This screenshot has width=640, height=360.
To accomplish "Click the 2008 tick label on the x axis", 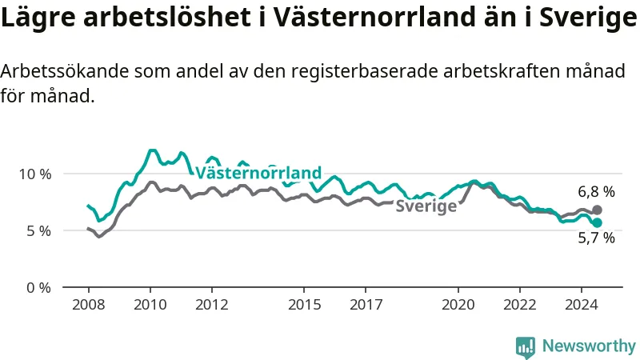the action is pyautogui.click(x=89, y=305).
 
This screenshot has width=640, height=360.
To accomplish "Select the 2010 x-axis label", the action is pyautogui.click(x=150, y=305).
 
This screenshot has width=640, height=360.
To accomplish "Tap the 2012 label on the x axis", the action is pyautogui.click(x=212, y=305).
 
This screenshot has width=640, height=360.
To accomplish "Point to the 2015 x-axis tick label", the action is pyautogui.click(x=304, y=305).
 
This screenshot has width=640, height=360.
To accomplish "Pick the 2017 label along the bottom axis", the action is pyautogui.click(x=366, y=305).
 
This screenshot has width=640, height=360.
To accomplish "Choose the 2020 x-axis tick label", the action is pyautogui.click(x=458, y=305).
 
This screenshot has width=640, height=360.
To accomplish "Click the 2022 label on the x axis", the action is pyautogui.click(x=519, y=305).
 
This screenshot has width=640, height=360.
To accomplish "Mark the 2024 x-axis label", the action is pyautogui.click(x=582, y=305).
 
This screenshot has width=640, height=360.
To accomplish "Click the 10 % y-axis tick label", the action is pyautogui.click(x=35, y=174).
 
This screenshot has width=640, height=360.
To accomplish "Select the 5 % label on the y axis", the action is pyautogui.click(x=39, y=231).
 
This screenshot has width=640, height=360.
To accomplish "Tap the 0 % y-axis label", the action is pyautogui.click(x=39, y=288).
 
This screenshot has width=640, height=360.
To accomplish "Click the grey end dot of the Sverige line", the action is pyautogui.click(x=597, y=210).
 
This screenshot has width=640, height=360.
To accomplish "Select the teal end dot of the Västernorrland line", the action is pyautogui.click(x=597, y=222).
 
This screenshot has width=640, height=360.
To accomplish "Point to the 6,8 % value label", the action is pyautogui.click(x=596, y=191).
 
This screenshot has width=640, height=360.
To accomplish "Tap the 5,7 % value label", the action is pyautogui.click(x=596, y=238).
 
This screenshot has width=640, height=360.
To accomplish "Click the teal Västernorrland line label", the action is pyautogui.click(x=258, y=173).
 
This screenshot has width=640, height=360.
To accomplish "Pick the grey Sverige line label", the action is pyautogui.click(x=426, y=206).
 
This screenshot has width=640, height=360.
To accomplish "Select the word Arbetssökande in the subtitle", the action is pyautogui.click(x=64, y=71).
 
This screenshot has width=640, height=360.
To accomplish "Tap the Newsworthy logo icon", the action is pyautogui.click(x=526, y=347).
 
